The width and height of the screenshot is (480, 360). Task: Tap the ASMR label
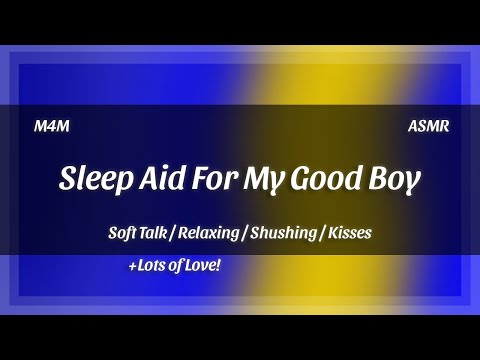point(428,127)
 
